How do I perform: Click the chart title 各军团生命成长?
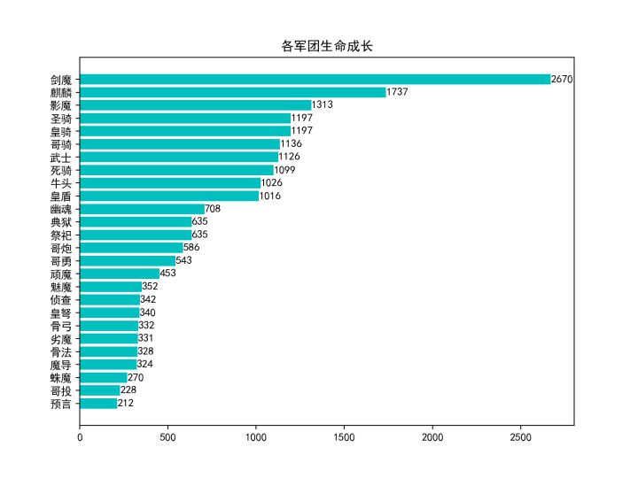pos(327,46)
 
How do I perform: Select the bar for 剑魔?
pos(315,80)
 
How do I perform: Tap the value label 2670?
pos(562,80)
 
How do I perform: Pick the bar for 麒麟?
pos(232,92)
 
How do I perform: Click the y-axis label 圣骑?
pos(61,119)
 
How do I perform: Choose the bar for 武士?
pos(179,157)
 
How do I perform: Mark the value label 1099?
pos(284,170)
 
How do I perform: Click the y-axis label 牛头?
pos(61,183)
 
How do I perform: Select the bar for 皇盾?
pos(169,196)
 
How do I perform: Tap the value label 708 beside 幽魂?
pos(213,209)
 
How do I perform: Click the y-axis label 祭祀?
pos(61,235)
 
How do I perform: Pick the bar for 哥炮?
pos(131,248)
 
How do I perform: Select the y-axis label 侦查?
pos(61,300)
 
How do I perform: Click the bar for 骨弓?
pos(109,326)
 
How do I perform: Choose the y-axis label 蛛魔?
pos(61,378)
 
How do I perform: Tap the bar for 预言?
pos(98,404)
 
